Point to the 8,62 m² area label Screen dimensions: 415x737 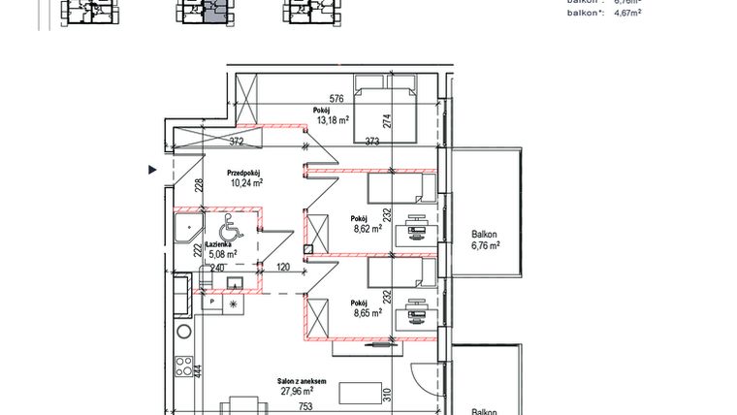366,231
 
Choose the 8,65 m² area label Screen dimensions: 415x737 366,313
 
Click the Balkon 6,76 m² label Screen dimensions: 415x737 484,239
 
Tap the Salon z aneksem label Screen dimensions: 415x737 303,382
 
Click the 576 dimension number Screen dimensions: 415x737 336,99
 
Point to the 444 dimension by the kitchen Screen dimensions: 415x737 197,369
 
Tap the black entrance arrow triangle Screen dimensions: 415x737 151,171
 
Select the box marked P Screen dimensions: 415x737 210,303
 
